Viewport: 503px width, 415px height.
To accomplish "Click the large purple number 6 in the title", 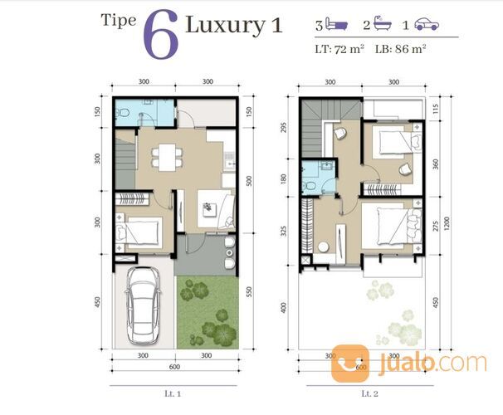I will tap(160, 35).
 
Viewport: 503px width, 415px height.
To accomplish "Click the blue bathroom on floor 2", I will tap(316, 177).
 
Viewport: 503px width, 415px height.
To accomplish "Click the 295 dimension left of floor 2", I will tap(285, 126).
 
